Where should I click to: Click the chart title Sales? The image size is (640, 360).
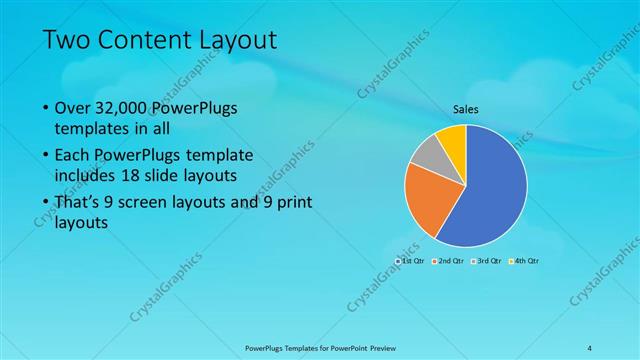click(x=465, y=109)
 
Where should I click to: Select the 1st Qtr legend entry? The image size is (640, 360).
click(x=410, y=261)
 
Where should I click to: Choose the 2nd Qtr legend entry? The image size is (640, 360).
click(x=446, y=261)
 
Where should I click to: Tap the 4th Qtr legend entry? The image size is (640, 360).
click(x=523, y=261)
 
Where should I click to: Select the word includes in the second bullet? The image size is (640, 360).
click(x=85, y=176)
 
